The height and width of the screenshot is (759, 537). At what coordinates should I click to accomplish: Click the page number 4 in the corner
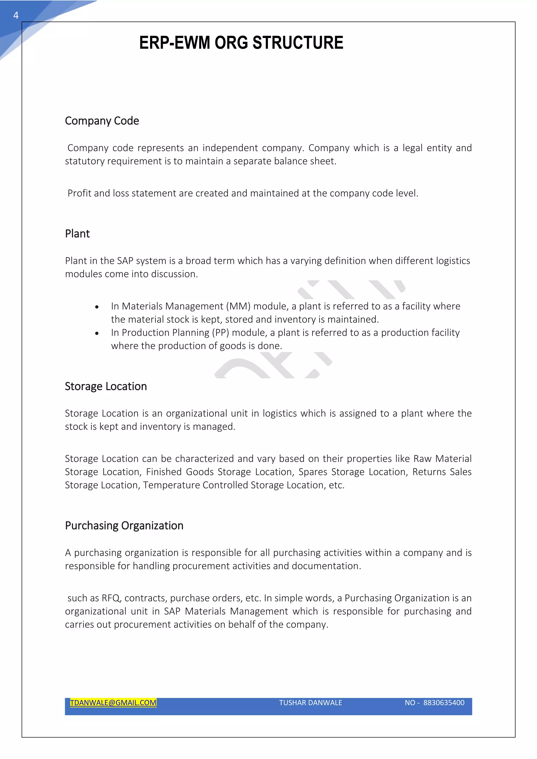15,15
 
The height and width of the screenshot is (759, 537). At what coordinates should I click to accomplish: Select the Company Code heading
102,121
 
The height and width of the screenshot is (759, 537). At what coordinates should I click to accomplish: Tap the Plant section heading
77,234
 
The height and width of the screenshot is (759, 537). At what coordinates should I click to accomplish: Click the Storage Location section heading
106,386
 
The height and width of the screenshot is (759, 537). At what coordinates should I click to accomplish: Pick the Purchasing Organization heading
124,526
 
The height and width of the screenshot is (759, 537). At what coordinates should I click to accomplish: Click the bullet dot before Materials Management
96,307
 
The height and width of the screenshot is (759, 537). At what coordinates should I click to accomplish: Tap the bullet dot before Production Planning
96,333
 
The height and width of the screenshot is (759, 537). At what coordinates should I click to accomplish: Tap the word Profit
79,193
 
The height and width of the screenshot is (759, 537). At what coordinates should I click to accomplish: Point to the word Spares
313,472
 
